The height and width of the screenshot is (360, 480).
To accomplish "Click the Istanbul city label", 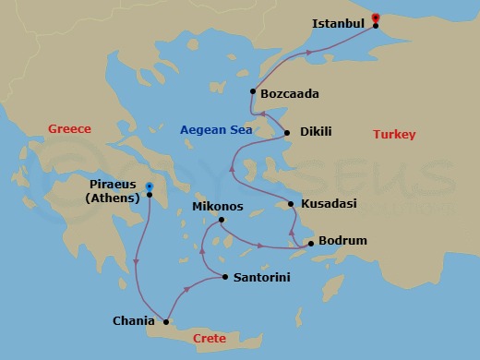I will pos(339,21).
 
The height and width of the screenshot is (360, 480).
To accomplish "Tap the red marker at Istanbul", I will pos(375,18).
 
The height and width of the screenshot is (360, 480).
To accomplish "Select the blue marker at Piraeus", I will pos(149,186).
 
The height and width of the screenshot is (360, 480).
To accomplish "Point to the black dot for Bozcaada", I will pos(253,90).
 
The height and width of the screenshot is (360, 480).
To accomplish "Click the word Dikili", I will pos(318,133).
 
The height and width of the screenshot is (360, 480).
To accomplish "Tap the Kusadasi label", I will pos(330,204).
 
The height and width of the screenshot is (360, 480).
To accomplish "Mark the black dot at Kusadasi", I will pos(291,204).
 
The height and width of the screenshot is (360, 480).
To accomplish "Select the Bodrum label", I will pos(343,241).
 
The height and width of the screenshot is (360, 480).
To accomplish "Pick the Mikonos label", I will pos(218,207).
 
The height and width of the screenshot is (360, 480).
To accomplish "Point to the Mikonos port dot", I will pos(221,220).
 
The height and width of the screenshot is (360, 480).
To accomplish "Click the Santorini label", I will pos(266,277).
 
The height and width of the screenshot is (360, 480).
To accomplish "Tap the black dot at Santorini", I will pos(225,276).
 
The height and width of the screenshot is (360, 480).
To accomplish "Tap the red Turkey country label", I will pos(394,135).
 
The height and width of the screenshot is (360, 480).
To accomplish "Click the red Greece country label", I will pos(69,129).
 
